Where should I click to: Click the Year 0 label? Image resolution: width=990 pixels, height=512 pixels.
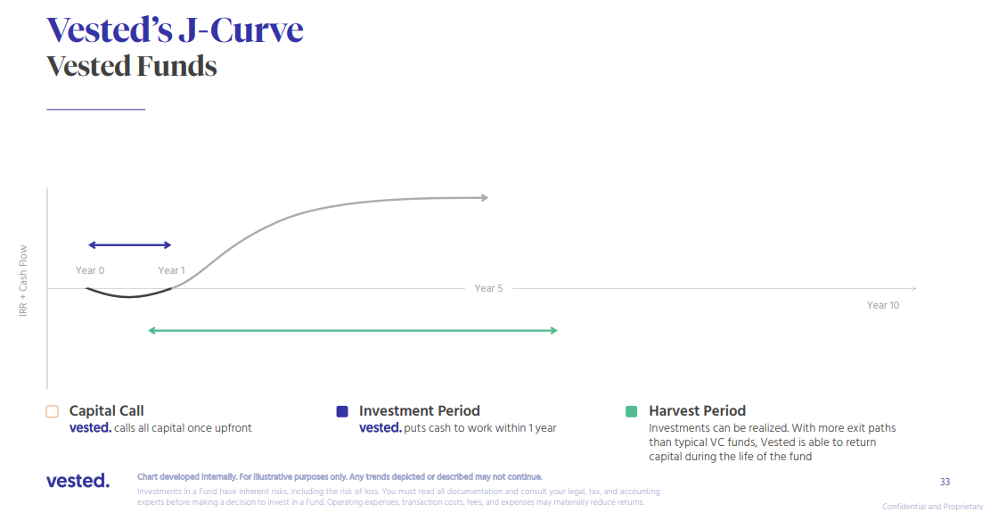click(x=90, y=270)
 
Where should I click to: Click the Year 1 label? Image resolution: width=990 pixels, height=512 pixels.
click(x=172, y=270)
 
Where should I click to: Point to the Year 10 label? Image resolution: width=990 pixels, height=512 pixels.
click(x=883, y=305)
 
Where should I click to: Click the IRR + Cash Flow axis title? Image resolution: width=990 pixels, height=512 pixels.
click(x=23, y=281)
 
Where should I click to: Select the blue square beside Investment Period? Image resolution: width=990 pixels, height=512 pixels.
click(x=342, y=411)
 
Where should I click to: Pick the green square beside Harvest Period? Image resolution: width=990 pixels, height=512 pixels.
click(x=631, y=411)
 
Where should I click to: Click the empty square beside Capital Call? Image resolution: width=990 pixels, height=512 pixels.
click(x=53, y=411)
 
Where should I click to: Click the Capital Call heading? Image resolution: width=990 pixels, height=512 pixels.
click(x=107, y=411)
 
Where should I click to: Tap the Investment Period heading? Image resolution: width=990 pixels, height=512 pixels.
click(x=419, y=411)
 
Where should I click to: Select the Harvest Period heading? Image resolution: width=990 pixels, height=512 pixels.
click(x=698, y=411)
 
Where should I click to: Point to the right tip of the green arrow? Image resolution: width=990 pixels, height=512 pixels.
click(x=558, y=331)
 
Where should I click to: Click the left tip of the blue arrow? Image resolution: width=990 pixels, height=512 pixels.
click(x=87, y=245)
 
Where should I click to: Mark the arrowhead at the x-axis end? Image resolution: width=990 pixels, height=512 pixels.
click(x=915, y=288)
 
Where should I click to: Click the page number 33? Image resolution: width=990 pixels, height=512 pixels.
click(x=945, y=483)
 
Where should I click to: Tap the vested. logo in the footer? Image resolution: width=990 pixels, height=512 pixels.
click(x=78, y=481)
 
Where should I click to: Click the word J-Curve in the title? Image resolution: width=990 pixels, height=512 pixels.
click(x=241, y=29)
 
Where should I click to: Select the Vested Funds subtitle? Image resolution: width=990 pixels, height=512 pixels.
click(x=132, y=66)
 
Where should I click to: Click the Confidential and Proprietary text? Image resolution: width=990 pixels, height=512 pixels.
click(x=936, y=507)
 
